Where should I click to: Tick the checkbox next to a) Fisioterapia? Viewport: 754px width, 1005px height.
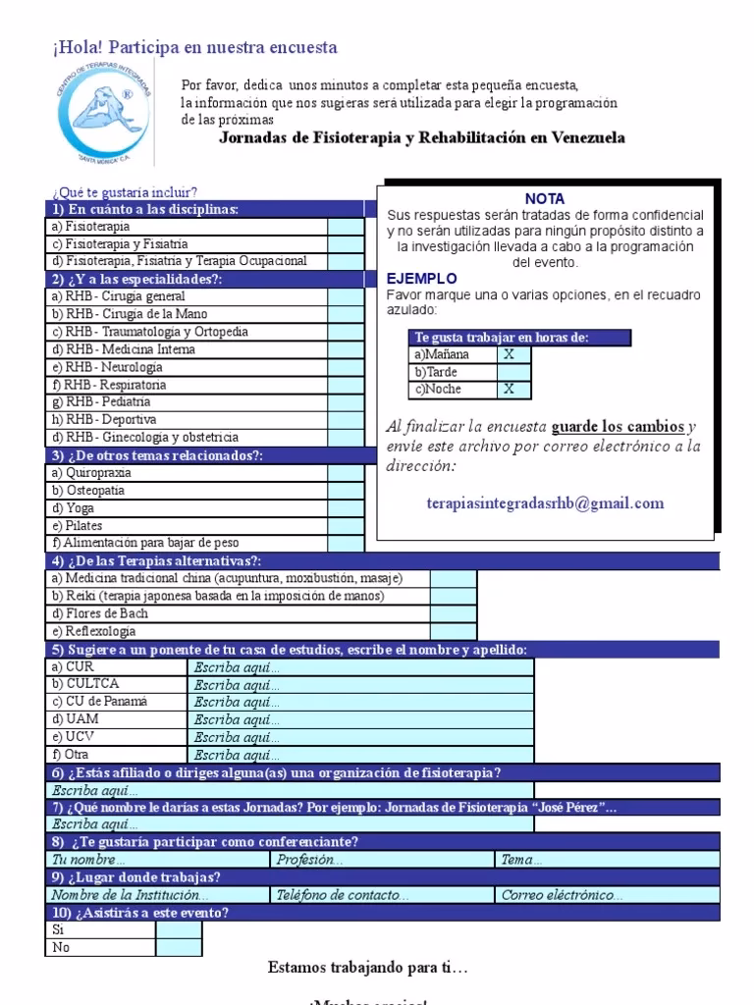tap(345, 226)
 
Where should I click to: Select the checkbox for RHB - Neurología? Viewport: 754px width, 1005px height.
tap(345, 367)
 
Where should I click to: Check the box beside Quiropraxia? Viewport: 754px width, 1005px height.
tap(345, 472)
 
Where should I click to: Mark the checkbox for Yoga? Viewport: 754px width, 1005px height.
tap(345, 507)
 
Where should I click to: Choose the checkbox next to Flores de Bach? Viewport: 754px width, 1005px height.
tap(453, 613)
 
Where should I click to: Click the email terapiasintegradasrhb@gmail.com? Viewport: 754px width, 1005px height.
tap(545, 503)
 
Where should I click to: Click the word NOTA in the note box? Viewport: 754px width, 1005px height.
tap(545, 198)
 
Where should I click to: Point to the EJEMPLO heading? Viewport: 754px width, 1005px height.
tap(421, 279)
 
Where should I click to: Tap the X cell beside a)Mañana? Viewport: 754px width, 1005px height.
tap(513, 354)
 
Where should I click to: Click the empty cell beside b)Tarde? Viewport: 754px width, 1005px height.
tap(513, 372)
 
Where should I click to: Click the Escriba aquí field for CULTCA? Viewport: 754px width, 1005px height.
tap(360, 684)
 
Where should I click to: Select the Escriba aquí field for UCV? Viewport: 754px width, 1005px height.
tap(360, 737)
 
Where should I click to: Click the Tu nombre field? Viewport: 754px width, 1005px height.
tap(157, 860)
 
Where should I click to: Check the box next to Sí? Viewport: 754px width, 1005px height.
tap(178, 930)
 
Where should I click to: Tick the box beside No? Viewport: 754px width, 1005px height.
tap(178, 948)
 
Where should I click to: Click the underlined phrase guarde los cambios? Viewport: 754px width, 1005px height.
tap(618, 427)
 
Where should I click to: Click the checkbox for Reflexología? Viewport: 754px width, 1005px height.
tap(453, 631)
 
